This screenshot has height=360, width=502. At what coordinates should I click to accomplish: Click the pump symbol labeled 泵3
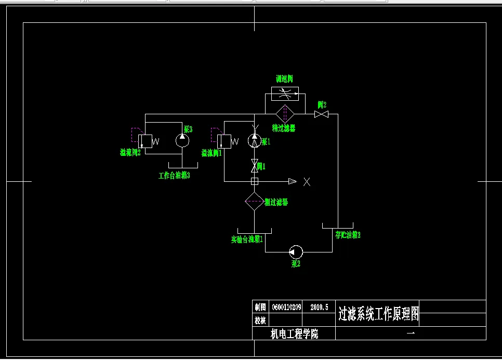click(x=182, y=140)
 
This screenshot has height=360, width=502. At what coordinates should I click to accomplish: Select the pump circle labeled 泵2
click(x=296, y=252)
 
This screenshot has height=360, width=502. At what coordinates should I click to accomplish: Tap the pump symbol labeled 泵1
click(x=254, y=140)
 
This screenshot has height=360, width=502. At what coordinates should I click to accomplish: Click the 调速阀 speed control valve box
click(x=285, y=94)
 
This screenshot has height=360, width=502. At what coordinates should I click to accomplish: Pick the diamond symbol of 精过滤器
click(x=284, y=114)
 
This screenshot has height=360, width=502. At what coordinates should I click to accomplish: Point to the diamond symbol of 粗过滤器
click(x=255, y=201)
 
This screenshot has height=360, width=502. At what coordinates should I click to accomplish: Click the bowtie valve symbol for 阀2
click(x=321, y=114)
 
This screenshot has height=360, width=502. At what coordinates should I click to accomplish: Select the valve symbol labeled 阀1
click(x=255, y=167)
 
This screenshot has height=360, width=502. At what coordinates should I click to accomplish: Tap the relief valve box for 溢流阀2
click(x=145, y=141)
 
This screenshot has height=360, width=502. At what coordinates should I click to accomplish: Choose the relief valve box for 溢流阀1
click(x=224, y=141)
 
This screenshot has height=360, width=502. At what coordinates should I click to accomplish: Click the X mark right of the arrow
click(x=307, y=181)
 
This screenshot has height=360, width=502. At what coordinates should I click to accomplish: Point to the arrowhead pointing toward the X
click(x=293, y=181)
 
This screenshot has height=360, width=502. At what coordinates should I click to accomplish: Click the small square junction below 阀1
click(x=255, y=181)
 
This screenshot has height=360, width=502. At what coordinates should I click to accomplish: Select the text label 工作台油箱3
click(x=174, y=176)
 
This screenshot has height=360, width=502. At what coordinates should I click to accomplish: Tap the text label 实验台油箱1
click(x=247, y=240)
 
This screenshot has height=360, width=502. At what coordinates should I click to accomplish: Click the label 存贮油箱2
click(x=348, y=235)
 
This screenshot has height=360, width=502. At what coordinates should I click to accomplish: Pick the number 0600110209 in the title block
click(x=286, y=307)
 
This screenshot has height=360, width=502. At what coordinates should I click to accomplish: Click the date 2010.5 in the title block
click(x=320, y=307)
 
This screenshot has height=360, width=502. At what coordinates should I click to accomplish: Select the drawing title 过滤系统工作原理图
click(x=378, y=314)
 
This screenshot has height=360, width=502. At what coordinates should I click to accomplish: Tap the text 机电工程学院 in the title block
click(x=295, y=334)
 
